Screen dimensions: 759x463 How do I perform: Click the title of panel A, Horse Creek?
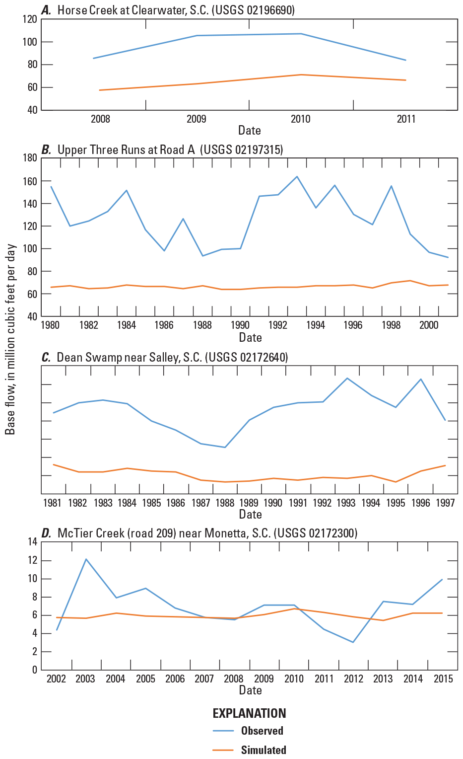point(169,10)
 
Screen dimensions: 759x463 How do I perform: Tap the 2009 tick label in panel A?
point(198,119)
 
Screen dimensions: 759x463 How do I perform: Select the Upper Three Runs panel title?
point(162,150)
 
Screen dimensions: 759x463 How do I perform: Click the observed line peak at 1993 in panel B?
point(297,176)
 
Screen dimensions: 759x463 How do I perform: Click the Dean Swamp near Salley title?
point(165,357)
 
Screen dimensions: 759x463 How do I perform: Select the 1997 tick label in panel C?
point(445,503)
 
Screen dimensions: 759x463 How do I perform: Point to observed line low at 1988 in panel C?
point(225,447)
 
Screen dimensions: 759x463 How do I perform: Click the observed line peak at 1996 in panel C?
point(421,379)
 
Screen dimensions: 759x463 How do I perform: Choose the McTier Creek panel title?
point(199,533)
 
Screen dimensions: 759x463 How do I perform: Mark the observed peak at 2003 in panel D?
point(85,559)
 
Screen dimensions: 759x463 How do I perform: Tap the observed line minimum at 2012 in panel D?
point(353,642)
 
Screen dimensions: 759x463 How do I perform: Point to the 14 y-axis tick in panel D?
point(33,542)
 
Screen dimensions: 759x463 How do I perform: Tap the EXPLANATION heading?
point(249,713)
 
